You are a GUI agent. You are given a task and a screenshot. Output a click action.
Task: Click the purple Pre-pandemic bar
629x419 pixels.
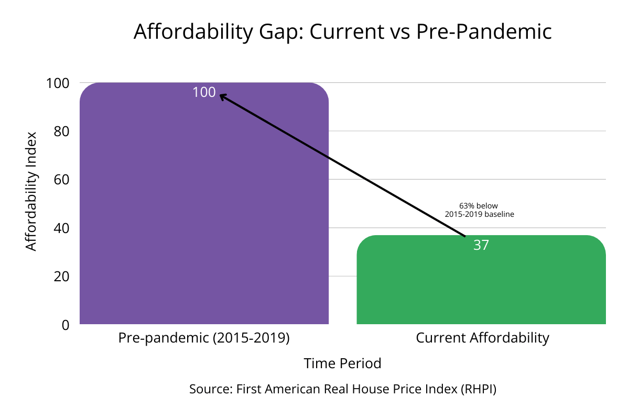[204, 210]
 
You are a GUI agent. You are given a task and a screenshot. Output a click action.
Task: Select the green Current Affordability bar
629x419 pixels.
[481, 283]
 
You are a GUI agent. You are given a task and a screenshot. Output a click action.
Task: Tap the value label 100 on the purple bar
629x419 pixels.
[204, 92]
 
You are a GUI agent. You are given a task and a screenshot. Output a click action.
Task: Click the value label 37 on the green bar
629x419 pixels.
[481, 245]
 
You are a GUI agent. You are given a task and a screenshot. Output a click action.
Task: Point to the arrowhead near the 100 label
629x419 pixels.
[222, 96]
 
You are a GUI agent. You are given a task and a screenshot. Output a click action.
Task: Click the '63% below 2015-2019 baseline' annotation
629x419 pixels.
[479, 210]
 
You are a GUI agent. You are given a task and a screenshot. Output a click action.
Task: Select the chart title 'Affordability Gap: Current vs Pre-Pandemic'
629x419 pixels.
[342, 32]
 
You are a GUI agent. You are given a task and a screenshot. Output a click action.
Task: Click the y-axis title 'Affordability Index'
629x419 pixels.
[32, 191]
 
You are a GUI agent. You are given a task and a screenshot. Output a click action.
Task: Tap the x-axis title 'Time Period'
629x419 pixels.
[342, 363]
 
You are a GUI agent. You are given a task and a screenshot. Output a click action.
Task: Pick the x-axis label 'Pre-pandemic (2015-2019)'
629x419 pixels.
[204, 338]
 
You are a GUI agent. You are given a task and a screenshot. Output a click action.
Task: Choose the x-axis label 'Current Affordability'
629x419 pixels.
[482, 338]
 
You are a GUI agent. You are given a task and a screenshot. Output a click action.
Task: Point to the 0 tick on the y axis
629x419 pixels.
[66, 325]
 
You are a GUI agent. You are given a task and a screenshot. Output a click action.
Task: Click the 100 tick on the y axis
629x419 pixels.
[58, 83]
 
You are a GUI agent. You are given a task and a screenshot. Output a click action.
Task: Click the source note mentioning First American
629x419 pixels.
[342, 389]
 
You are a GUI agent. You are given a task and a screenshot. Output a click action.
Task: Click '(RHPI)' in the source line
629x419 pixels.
[479, 389]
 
